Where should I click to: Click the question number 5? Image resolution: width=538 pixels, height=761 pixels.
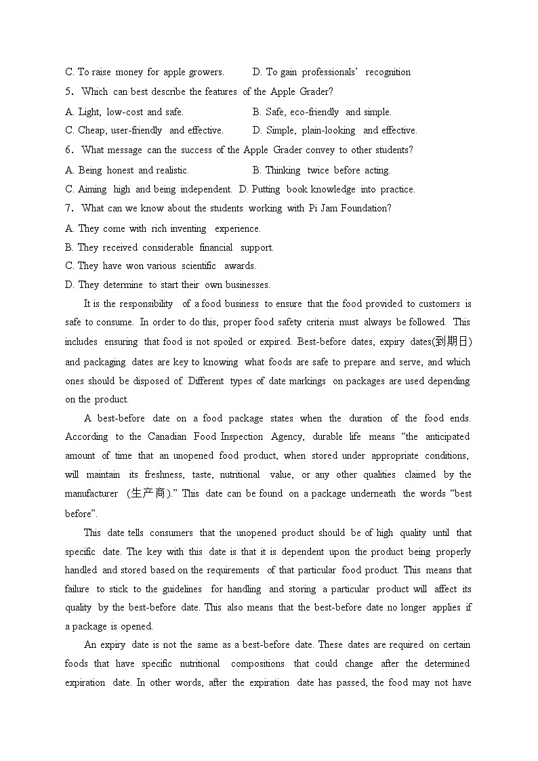coord(68,91)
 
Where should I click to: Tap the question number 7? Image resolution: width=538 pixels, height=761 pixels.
coord(68,209)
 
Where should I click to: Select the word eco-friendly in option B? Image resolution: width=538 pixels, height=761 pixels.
coord(314,112)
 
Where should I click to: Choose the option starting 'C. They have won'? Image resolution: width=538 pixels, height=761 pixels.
coord(161,266)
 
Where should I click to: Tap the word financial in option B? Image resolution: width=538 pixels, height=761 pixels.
coord(215,248)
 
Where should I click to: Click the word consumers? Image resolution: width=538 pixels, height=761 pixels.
coord(171,533)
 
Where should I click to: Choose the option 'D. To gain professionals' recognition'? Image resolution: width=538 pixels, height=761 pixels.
coord(331,72)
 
